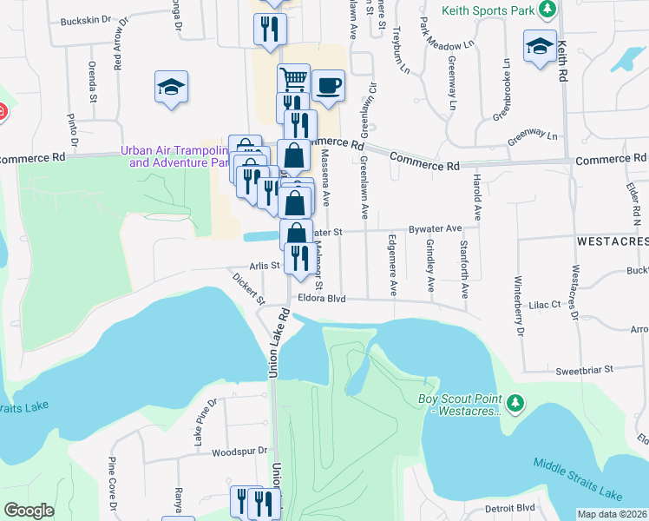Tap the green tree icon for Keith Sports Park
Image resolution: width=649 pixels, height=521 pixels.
(547, 9)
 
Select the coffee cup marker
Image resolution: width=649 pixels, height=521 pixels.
(328, 85)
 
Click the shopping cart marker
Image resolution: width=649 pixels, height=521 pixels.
(294, 79)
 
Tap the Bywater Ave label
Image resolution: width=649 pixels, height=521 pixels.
(435, 228)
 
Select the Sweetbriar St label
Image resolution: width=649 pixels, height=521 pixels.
(585, 369)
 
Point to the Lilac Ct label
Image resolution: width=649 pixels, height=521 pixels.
(546, 305)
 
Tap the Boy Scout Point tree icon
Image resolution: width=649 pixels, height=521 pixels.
(516, 402)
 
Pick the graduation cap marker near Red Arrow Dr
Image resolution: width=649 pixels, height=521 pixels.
(172, 86)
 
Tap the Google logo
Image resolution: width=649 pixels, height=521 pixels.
(29, 511)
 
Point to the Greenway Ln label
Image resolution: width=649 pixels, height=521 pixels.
(533, 135)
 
